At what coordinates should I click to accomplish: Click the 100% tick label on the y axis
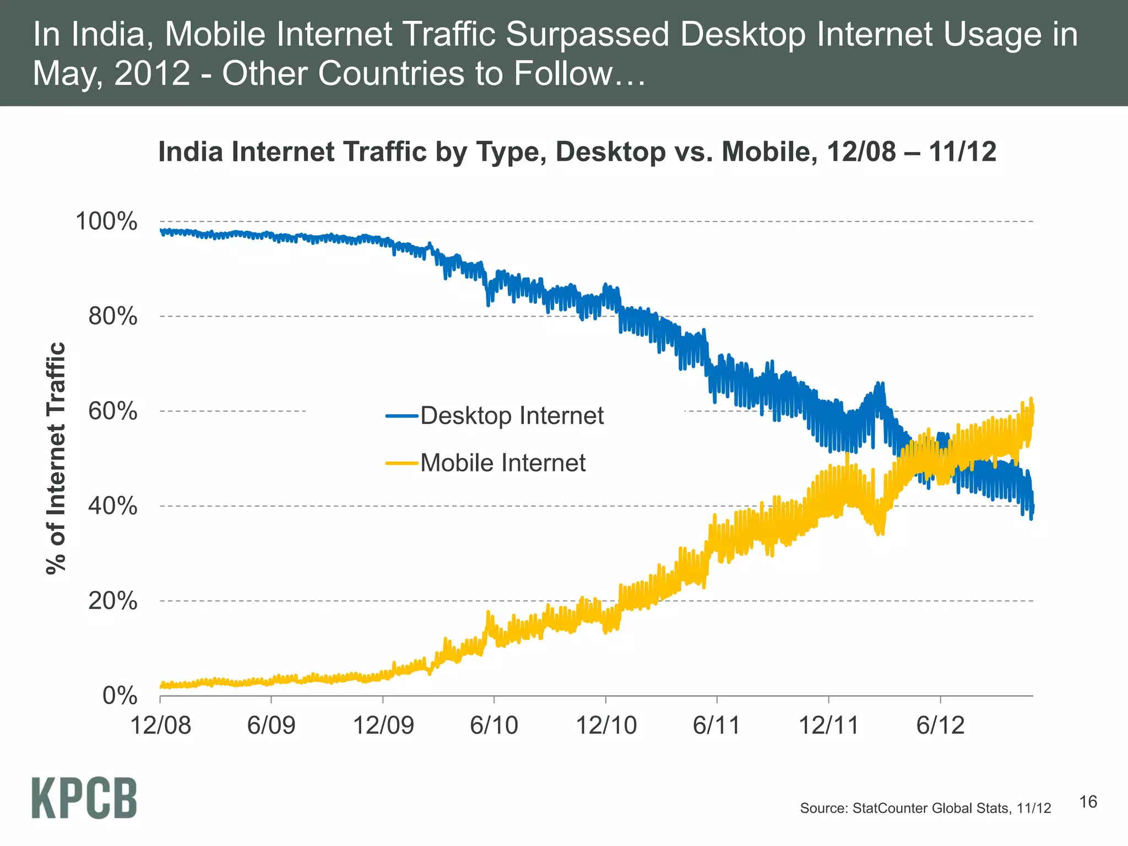pos(106,221)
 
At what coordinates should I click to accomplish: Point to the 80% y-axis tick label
pos(112,317)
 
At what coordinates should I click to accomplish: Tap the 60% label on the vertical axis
pos(112,411)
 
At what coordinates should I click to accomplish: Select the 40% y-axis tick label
pos(112,506)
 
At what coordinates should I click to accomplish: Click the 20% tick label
pos(112,600)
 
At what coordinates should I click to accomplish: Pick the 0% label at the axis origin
pos(120,696)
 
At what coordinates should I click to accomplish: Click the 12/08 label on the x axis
pos(160,725)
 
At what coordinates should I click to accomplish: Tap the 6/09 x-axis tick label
pos(271,725)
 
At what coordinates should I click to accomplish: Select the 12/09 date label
pos(383,725)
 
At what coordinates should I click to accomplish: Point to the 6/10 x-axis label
pos(494,725)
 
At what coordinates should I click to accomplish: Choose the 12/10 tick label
pos(606,725)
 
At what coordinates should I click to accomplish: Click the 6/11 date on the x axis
pos(717,725)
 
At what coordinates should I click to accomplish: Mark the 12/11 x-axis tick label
pos(828,725)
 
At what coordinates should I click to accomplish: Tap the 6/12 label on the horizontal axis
pos(940,725)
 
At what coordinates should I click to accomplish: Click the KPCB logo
pos(84,798)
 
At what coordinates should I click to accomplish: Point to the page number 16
pos(1088,802)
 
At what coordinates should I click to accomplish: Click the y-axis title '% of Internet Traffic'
pos(56,458)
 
